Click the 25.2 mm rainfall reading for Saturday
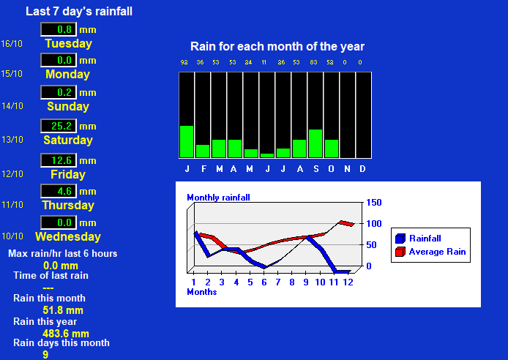tap(59, 126)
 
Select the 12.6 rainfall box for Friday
tap(59, 160)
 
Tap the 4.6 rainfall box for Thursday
tap(59, 191)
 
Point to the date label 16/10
tap(12, 44)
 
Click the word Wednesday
tap(68, 236)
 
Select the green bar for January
tap(187, 141)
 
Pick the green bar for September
tap(315, 143)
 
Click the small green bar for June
tap(267, 156)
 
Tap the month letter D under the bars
tap(362, 169)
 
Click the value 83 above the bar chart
tap(313, 62)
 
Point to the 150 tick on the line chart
tap(374, 203)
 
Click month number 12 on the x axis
tap(348, 282)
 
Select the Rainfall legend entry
tap(418, 239)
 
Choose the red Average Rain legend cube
tap(400, 252)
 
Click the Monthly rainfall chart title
tap(218, 198)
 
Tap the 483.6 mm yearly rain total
tap(66, 334)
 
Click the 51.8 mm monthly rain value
tap(63, 310)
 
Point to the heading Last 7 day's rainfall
tap(79, 12)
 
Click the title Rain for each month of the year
tap(277, 47)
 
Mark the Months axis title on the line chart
tap(202, 292)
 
